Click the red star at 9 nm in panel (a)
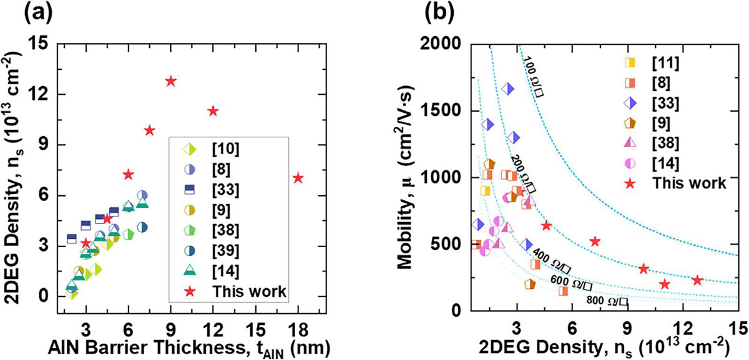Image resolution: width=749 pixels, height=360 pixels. click(x=170, y=81)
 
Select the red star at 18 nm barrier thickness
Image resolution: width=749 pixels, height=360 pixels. click(x=298, y=178)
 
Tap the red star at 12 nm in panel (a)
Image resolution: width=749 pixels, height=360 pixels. click(x=213, y=110)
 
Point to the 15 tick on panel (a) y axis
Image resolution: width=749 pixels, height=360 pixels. click(x=41, y=44)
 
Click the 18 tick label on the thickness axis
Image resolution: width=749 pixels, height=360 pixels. click(x=297, y=329)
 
